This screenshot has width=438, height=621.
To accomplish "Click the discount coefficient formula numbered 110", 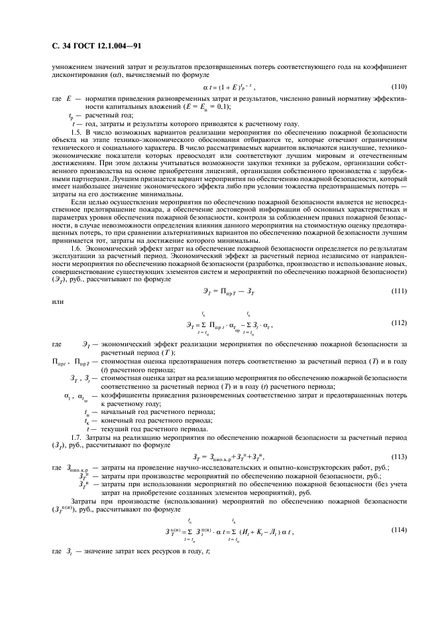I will (229, 87).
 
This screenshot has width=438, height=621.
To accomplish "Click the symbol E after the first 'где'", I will (69, 98).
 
